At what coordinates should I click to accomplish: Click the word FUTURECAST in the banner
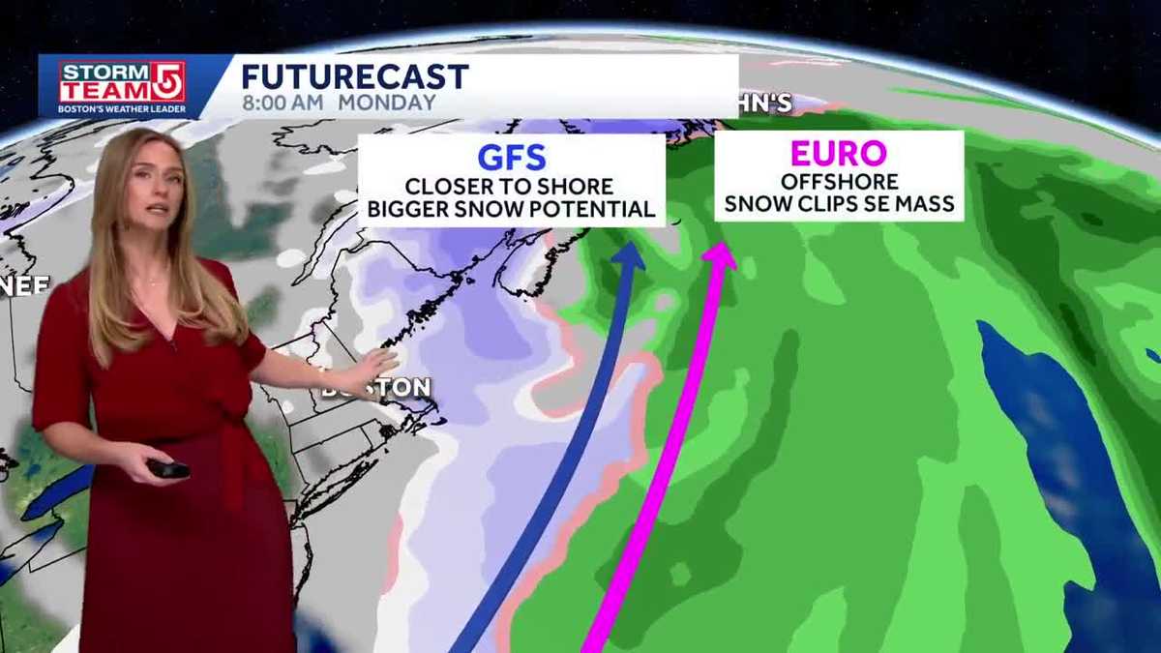pos(355,76)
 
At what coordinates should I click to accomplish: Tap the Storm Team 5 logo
pos(122,86)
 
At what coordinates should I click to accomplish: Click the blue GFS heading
pos(512,158)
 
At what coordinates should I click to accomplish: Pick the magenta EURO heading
pos(838,154)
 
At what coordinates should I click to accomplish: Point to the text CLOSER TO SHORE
pos(509,187)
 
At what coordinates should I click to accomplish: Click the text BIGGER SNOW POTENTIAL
pos(511,209)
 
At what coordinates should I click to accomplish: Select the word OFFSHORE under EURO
pos(839,182)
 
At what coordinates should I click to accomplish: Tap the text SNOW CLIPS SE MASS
pos(839,204)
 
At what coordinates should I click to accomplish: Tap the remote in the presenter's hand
pos(167,469)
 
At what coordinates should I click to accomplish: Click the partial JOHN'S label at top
pos(765,104)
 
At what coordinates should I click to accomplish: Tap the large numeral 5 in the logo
pos(169,81)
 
